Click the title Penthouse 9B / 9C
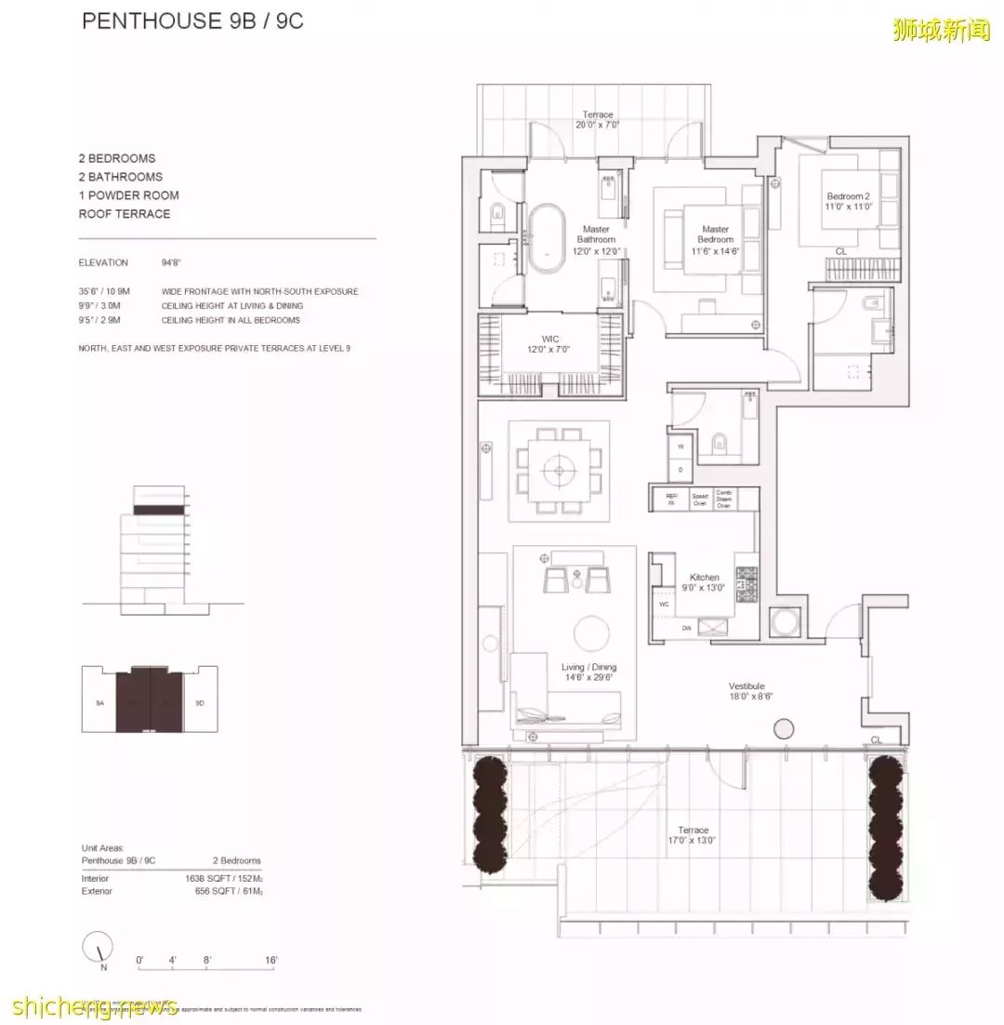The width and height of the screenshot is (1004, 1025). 192,21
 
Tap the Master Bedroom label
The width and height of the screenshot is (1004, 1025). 715,234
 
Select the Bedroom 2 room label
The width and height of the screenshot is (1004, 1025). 849,201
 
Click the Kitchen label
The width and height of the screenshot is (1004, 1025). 704,582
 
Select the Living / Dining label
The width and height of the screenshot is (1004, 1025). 588,672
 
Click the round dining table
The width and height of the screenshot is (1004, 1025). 560,472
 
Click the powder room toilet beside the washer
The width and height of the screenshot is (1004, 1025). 718,445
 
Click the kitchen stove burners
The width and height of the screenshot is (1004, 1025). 746,585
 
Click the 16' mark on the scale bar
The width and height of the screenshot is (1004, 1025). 271,960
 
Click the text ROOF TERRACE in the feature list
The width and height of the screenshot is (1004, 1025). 125,214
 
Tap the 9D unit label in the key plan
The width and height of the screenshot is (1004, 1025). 199,704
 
